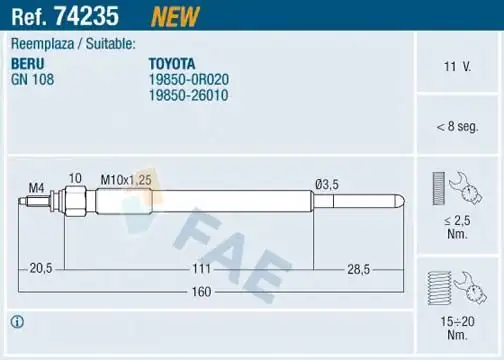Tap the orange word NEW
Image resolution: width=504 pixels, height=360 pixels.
coord(175,15)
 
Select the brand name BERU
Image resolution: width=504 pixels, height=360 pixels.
coord(28,62)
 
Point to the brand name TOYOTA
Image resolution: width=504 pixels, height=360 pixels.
coord(173,62)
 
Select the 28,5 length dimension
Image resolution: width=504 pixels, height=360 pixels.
coord(357,269)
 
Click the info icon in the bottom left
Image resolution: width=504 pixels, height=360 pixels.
coord(17,322)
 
